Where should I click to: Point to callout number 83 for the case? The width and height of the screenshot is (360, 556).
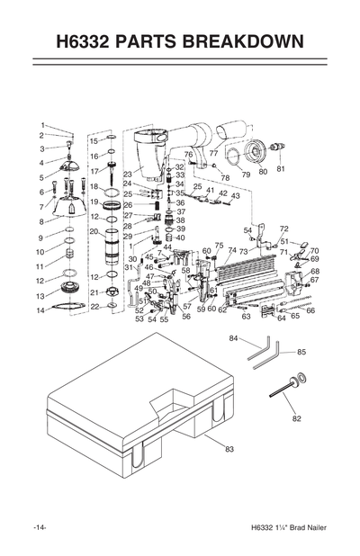click(229, 448)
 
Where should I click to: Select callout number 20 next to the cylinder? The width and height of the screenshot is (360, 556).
click(94, 231)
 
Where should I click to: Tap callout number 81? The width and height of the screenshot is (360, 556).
click(281, 169)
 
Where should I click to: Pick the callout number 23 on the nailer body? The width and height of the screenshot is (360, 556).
click(128, 174)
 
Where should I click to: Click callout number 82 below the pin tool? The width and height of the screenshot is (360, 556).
click(296, 418)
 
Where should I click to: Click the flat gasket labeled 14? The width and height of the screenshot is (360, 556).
click(67, 309)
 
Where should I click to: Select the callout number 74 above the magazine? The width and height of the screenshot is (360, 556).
click(232, 251)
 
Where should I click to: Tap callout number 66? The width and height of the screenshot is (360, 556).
click(310, 311)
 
